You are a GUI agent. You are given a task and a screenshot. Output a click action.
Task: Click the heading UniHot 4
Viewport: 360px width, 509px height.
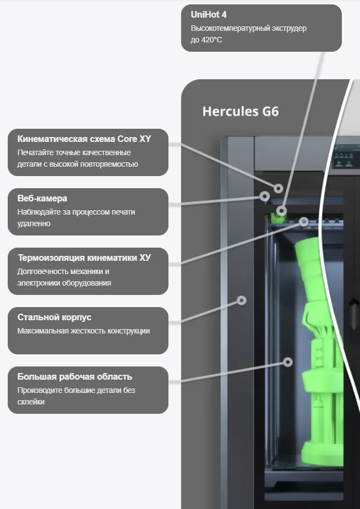coord(209,15)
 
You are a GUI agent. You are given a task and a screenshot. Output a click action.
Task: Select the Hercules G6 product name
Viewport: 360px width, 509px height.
coord(241,112)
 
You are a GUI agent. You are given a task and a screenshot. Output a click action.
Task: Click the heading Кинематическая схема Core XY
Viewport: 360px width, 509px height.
coord(84,139)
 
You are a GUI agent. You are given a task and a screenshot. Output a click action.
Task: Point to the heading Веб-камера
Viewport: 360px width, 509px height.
coord(42,199)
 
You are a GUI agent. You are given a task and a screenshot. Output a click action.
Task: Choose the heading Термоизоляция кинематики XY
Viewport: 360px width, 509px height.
coord(84,258)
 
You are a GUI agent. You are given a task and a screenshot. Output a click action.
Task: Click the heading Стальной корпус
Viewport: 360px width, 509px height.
coord(54,318)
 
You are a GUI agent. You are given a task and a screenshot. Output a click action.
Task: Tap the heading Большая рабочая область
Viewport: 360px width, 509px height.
coord(75,377)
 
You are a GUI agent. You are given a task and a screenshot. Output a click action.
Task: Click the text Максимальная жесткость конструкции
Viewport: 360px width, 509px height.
coord(84,331)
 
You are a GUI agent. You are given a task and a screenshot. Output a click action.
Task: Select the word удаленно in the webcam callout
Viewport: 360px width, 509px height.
coord(34,223)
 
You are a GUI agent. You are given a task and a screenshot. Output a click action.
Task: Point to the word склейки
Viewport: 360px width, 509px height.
coord(31,402)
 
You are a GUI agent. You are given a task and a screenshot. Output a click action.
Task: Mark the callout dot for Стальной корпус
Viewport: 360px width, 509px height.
coord(241,300)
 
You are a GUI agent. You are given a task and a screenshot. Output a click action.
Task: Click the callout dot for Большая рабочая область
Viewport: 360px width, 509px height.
coord(287,362)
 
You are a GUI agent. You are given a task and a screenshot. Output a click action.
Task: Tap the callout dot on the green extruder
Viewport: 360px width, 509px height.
coord(282,210)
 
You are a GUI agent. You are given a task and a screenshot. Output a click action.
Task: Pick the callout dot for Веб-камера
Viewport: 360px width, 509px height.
coord(265,196)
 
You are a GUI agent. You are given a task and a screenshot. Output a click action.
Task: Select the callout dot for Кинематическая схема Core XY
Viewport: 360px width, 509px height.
coord(279,188)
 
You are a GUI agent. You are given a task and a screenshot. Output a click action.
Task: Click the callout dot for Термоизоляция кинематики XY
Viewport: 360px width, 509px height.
coord(304,221)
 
